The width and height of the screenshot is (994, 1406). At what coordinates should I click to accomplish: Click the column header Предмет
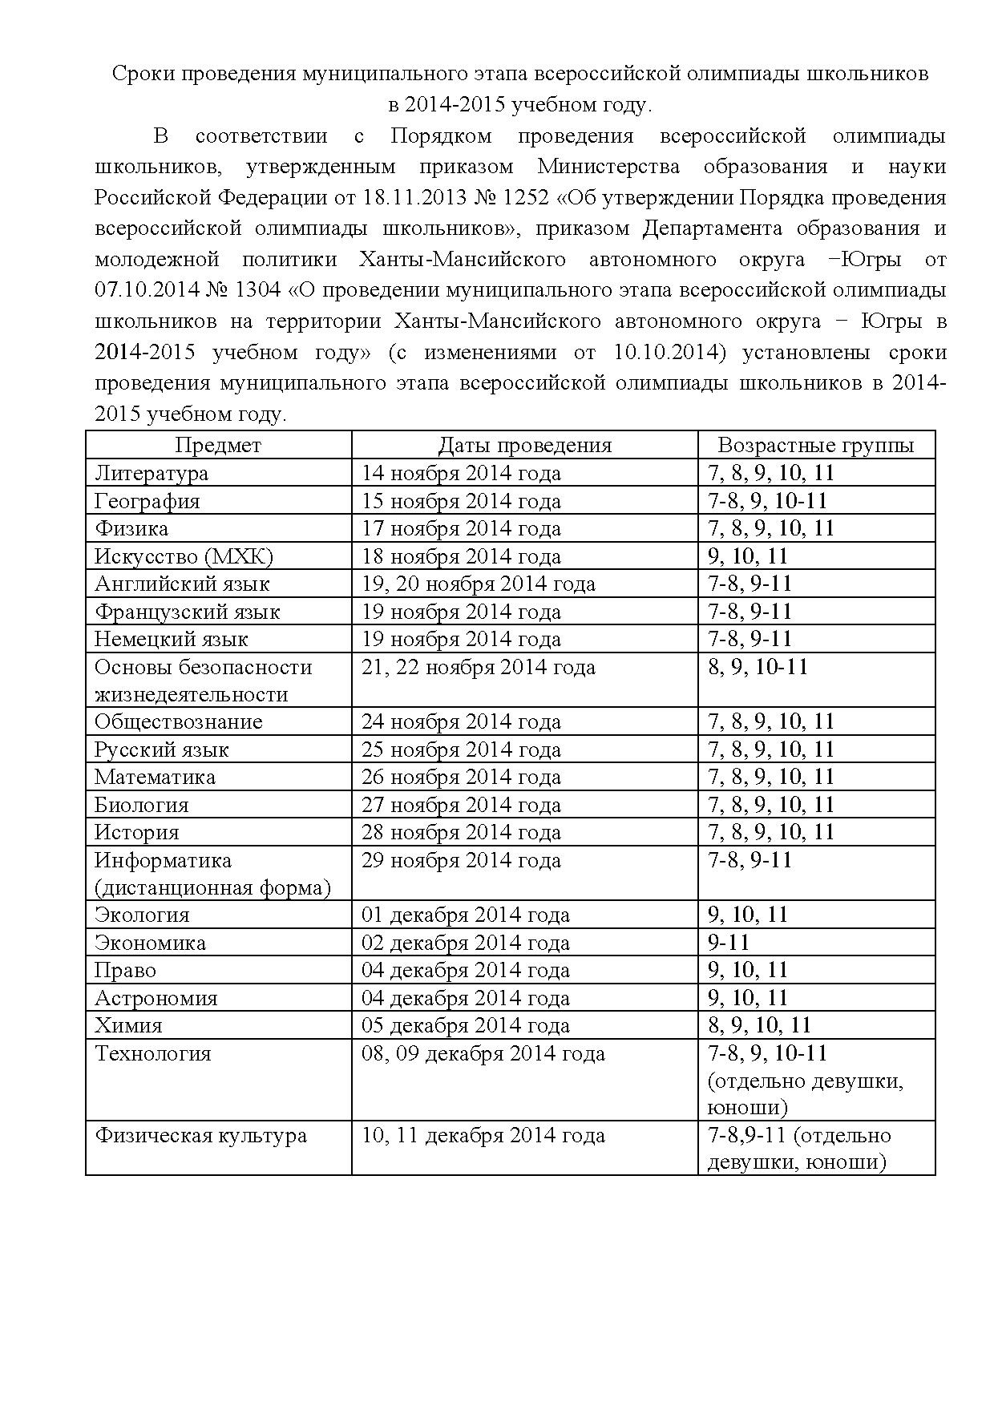(218, 445)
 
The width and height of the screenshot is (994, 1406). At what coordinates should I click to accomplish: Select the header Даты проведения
(524, 445)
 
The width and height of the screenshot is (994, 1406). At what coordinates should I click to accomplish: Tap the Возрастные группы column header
(815, 445)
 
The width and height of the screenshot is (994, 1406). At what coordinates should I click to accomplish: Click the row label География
(147, 501)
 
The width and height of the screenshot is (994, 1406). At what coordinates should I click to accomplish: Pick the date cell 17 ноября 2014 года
(461, 528)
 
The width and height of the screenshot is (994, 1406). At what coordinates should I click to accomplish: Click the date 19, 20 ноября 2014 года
(479, 584)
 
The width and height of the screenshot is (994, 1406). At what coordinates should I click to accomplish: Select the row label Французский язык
(187, 612)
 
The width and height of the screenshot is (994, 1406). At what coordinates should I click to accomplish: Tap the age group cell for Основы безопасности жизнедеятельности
(758, 667)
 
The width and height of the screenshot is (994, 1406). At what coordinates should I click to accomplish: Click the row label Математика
(155, 777)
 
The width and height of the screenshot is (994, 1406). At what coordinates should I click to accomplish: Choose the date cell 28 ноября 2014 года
(461, 832)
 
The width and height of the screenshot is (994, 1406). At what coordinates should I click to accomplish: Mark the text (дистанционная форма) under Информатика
(212, 887)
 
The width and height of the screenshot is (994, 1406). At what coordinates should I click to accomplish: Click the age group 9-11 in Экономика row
(728, 943)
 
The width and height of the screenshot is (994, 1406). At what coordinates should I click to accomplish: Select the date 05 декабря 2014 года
(465, 1025)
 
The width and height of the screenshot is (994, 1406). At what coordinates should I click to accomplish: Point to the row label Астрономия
(156, 998)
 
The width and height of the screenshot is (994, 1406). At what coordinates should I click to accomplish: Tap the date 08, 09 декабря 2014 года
(483, 1053)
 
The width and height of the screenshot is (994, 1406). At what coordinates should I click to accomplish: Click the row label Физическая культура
(200, 1136)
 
